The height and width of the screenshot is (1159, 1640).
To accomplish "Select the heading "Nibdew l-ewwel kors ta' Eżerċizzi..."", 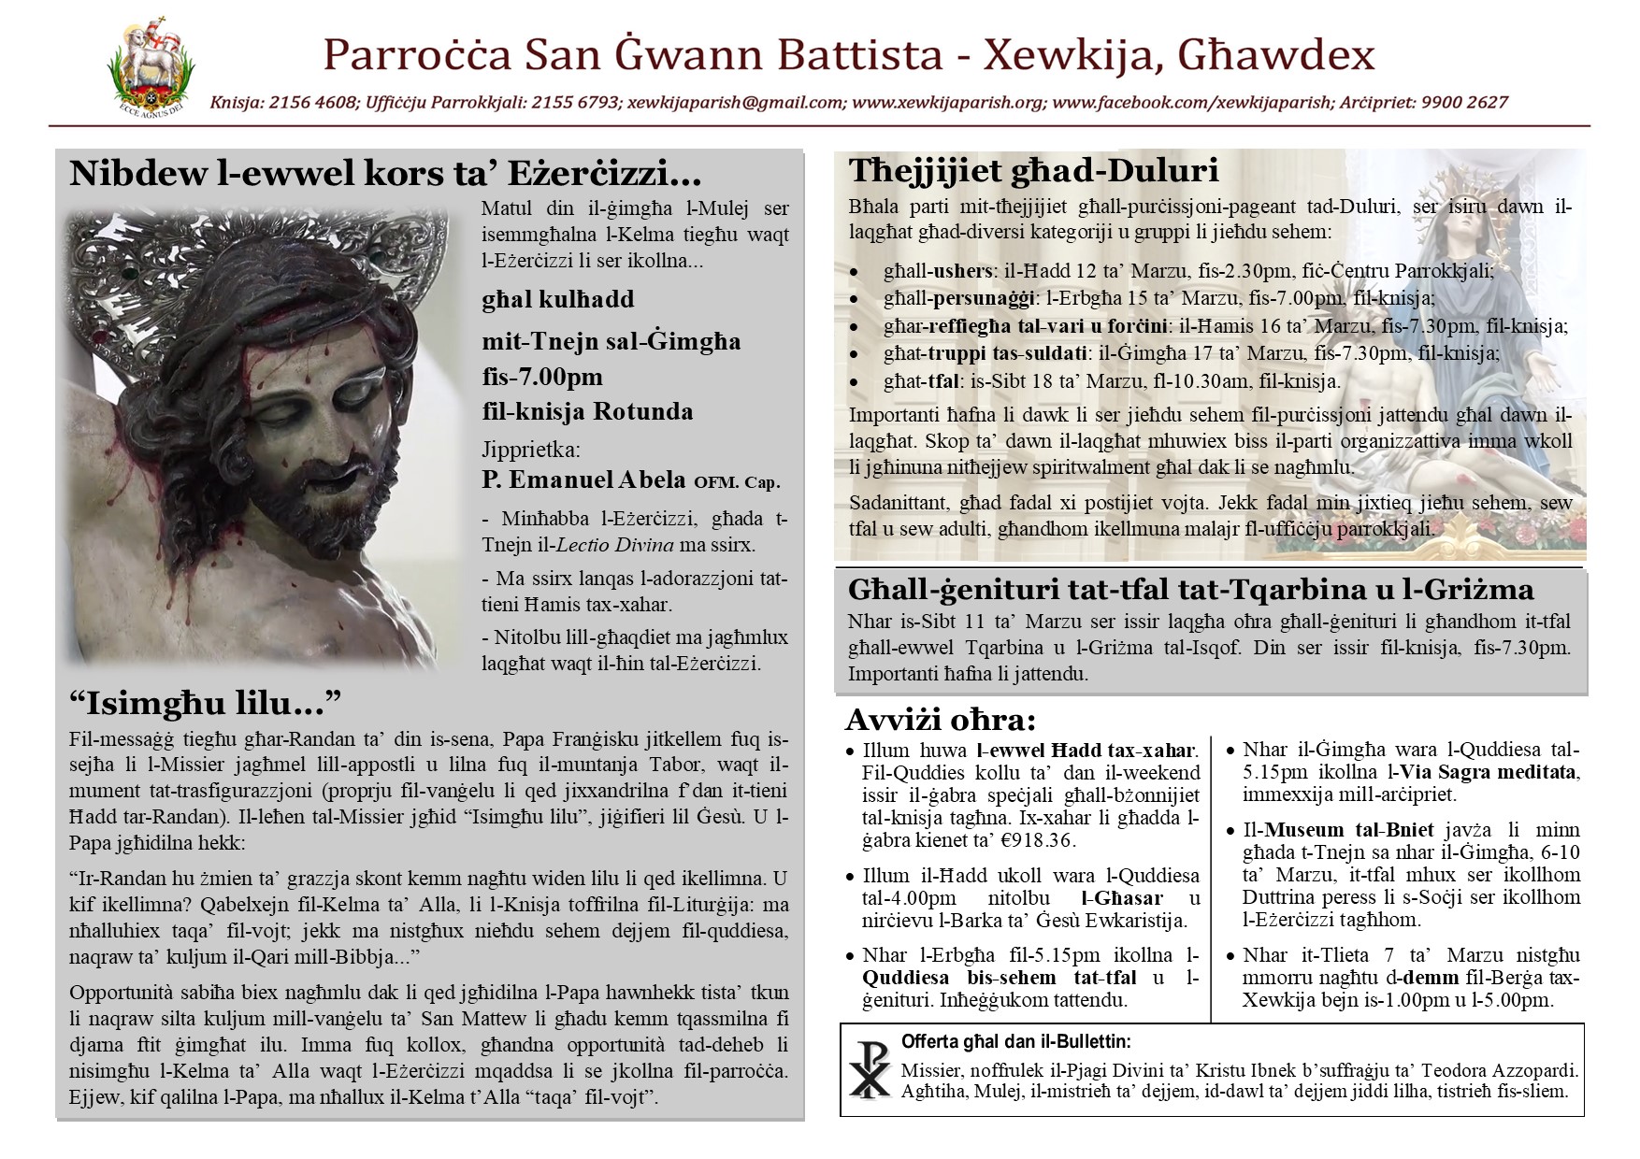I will (x=385, y=175).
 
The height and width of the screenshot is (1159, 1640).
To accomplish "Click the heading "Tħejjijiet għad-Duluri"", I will (x=1033, y=171).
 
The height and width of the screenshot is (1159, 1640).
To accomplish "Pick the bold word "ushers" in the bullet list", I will (x=963, y=271).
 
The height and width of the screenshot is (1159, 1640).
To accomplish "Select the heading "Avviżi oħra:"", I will (x=940, y=721).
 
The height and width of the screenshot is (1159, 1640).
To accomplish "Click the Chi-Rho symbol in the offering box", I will (x=870, y=1071).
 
